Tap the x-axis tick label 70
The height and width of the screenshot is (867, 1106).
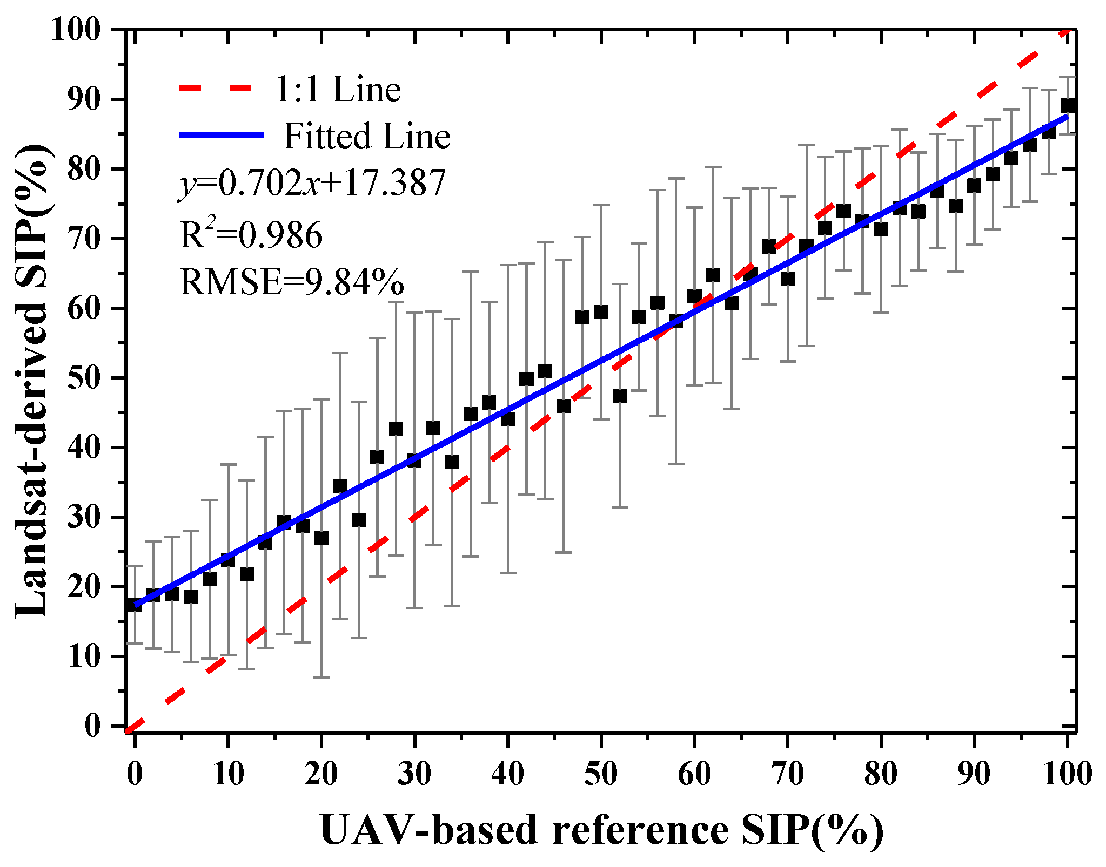(x=787, y=774)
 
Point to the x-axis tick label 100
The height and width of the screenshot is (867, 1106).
(x=1067, y=774)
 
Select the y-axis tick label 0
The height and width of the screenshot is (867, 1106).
(x=92, y=726)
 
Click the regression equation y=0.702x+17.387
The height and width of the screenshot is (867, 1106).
(x=312, y=183)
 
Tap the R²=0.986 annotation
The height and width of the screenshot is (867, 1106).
(x=251, y=235)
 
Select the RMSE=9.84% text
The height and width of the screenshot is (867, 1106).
(x=291, y=282)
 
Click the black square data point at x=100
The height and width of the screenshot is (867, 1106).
(x=1067, y=105)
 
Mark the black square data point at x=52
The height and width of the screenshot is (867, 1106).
(x=620, y=396)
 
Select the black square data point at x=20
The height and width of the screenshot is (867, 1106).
(x=321, y=538)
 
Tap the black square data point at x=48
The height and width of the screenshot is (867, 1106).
(x=582, y=317)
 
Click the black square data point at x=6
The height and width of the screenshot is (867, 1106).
(x=191, y=597)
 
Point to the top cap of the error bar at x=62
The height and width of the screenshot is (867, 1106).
(x=713, y=167)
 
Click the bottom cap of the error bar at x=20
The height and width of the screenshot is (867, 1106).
(x=321, y=677)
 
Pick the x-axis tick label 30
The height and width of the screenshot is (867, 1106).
(x=414, y=774)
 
